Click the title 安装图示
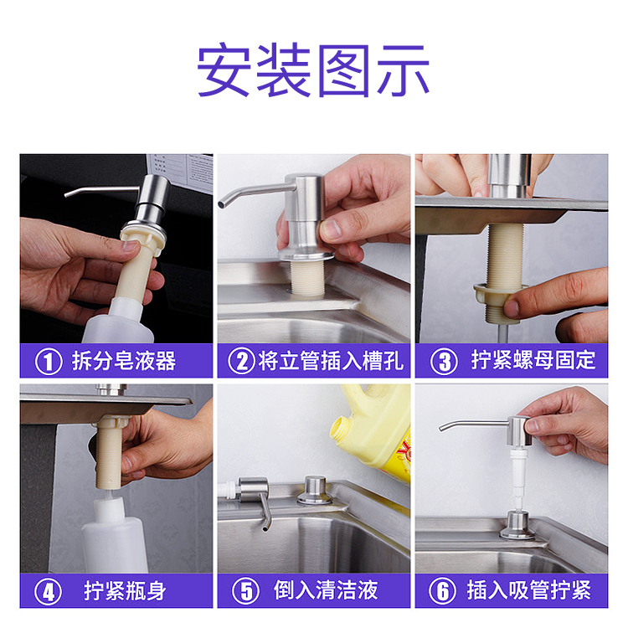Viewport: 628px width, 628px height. [313, 70]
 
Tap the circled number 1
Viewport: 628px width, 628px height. [49, 361]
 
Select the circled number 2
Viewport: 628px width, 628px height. [241, 361]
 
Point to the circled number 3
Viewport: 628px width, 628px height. [444, 361]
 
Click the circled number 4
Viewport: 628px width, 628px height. [48, 591]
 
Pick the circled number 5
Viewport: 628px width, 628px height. [245, 591]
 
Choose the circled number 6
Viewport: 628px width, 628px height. [442, 591]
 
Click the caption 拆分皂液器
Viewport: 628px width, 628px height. [124, 361]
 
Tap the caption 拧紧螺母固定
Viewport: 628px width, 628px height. [533, 360]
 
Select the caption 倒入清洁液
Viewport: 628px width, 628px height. [326, 590]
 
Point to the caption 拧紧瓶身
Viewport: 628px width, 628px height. [125, 591]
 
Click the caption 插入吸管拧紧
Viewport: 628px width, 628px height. [529, 589]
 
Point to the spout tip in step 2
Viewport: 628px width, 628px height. [221, 204]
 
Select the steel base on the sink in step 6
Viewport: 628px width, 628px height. [517, 526]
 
